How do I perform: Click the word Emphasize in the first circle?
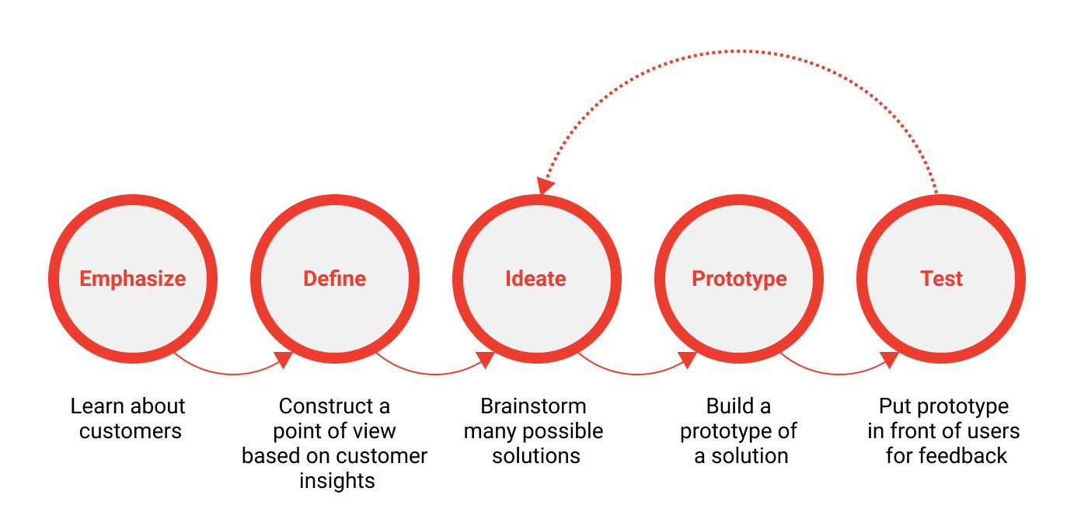[133, 279]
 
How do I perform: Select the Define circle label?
[335, 279]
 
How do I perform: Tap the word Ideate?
[536, 279]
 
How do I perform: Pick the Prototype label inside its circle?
[739, 279]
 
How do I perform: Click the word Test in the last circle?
[941, 279]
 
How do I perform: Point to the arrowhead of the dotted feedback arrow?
[546, 186]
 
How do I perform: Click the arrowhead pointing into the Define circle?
[284, 358]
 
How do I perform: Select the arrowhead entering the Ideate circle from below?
[486, 358]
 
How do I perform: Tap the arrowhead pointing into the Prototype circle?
[688, 358]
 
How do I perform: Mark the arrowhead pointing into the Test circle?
[890, 358]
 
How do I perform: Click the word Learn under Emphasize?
[96, 406]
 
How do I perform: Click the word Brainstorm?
[533, 406]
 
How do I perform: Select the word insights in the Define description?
[337, 481]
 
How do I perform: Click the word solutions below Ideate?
[536, 455]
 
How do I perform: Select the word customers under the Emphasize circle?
[131, 430]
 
